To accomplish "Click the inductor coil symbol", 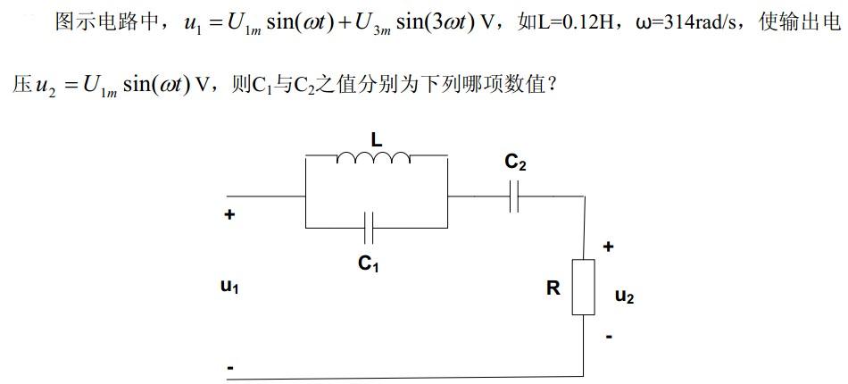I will click(374, 158).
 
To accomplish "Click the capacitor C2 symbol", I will click(513, 198).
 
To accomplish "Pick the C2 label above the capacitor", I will click(515, 162).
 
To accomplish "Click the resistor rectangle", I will click(583, 287).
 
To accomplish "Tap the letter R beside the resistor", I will click(553, 288).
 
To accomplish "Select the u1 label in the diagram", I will click(229, 288).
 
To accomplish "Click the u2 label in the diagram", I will click(625, 296).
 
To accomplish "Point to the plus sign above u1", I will click(229, 214).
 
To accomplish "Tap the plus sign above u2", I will click(609, 246).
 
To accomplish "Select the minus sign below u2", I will click(609, 338).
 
